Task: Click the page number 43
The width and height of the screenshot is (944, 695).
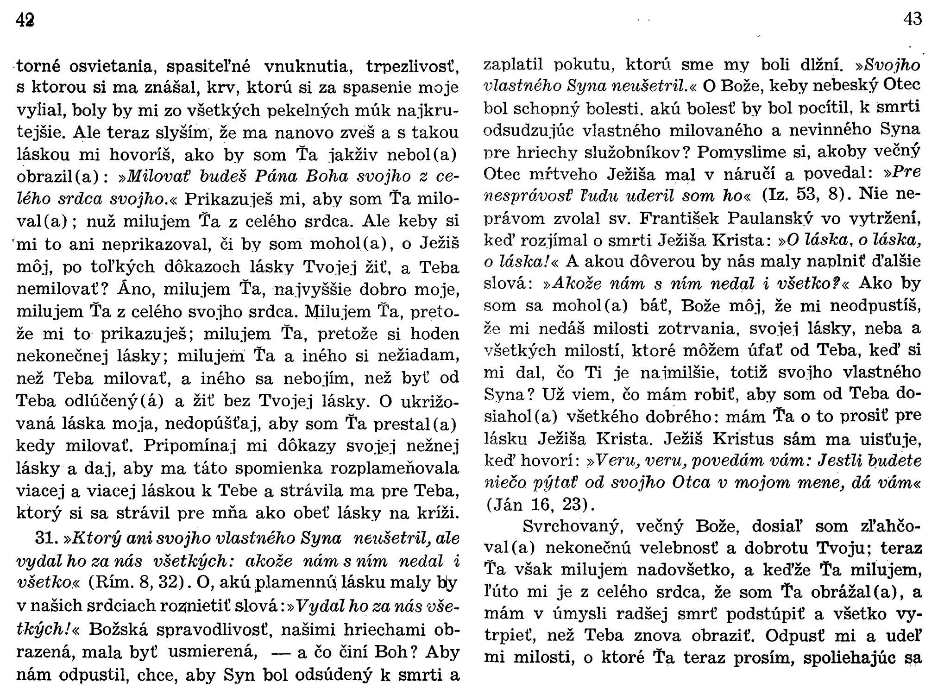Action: [912, 19]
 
